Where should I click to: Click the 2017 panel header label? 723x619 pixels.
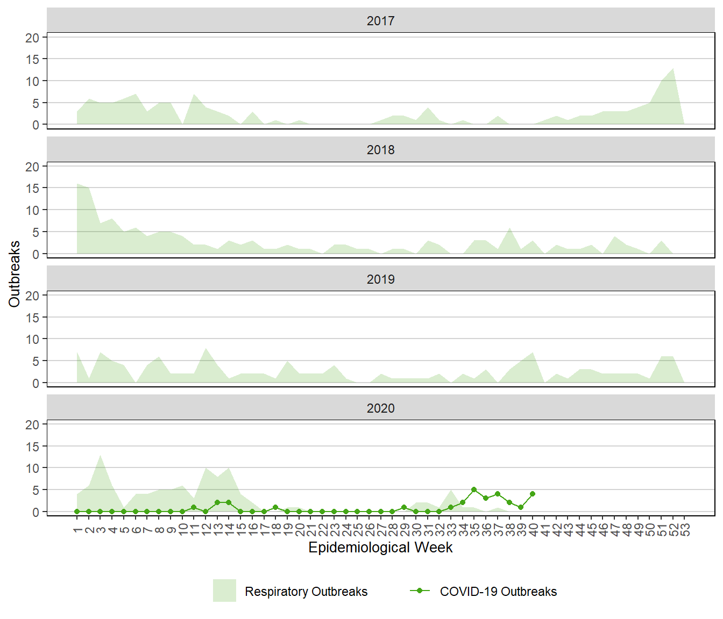(x=380, y=21)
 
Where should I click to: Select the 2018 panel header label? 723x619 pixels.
(x=380, y=150)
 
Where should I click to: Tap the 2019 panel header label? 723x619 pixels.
(x=380, y=279)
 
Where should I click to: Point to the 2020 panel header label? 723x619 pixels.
(x=380, y=408)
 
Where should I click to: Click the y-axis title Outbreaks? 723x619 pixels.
(x=15, y=274)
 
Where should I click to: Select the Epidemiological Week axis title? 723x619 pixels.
(x=380, y=548)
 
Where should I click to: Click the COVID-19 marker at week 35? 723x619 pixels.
(x=474, y=490)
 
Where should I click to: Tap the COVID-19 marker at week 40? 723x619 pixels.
(x=533, y=494)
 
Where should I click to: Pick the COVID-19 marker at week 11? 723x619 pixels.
(x=194, y=507)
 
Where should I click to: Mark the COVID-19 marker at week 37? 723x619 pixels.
(x=498, y=494)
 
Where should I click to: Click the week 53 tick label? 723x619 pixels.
(x=685, y=530)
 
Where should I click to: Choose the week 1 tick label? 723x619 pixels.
(x=77, y=530)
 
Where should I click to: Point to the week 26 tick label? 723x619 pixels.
(x=369, y=530)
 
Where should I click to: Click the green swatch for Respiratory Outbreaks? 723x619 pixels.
(x=224, y=591)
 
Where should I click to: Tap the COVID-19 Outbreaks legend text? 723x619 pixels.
(x=498, y=592)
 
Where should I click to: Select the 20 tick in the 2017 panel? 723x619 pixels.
(x=32, y=38)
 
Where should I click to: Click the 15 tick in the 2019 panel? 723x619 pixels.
(x=32, y=318)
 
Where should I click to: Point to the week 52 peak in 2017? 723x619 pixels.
(x=673, y=69)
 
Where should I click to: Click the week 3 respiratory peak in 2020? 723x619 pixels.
(x=101, y=456)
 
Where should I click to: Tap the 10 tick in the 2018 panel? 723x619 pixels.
(x=32, y=210)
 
